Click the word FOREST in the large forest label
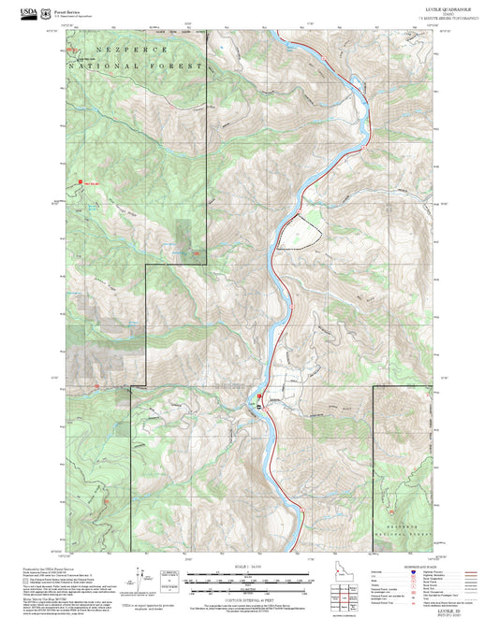tap(179, 66)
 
